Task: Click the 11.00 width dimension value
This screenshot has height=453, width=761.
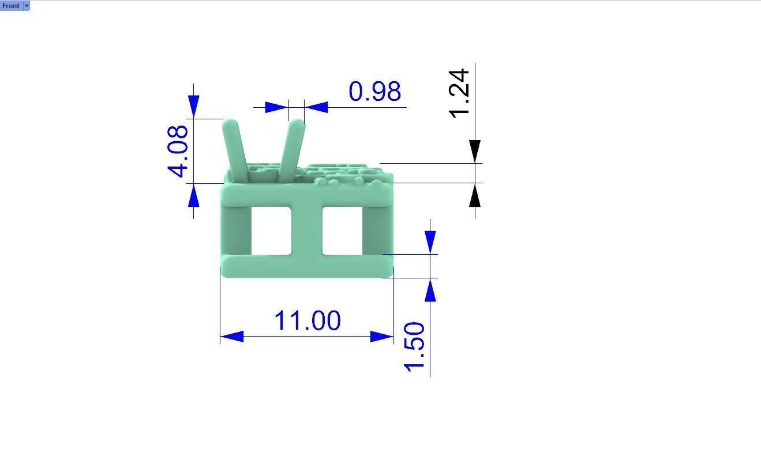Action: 307,321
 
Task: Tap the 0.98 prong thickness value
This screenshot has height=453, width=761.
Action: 375,92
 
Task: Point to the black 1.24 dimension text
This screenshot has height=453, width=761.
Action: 460,93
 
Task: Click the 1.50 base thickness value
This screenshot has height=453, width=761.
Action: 415,347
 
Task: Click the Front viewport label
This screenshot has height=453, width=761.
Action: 11,6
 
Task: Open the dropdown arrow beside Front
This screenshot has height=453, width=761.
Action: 27,6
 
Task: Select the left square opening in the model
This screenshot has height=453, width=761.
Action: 271,231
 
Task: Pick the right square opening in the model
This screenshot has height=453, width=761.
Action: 342,231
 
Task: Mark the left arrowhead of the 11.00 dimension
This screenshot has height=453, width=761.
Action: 231,337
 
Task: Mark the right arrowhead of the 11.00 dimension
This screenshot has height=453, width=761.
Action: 382,337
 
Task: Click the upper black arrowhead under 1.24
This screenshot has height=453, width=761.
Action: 475,151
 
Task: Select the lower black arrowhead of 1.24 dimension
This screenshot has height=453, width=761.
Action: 475,196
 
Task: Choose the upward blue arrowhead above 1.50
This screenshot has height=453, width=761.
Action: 430,290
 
